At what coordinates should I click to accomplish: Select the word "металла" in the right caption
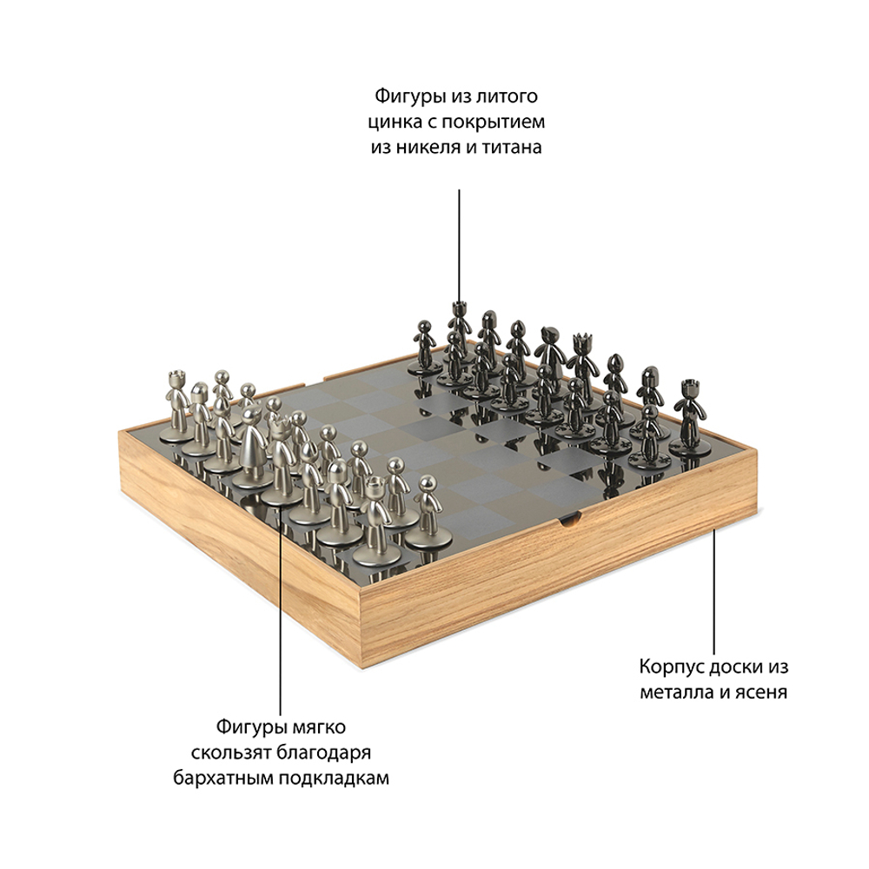tap(677, 693)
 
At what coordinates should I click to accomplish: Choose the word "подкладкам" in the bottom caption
tap(334, 778)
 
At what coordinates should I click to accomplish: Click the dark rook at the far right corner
tap(689, 417)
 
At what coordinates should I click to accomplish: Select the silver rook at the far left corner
tap(176, 406)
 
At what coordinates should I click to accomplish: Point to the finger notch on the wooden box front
tap(571, 520)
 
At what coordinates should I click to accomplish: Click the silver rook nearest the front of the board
tap(376, 521)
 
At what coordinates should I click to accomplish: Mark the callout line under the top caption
tap(459, 247)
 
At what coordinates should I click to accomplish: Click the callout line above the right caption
tap(713, 592)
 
